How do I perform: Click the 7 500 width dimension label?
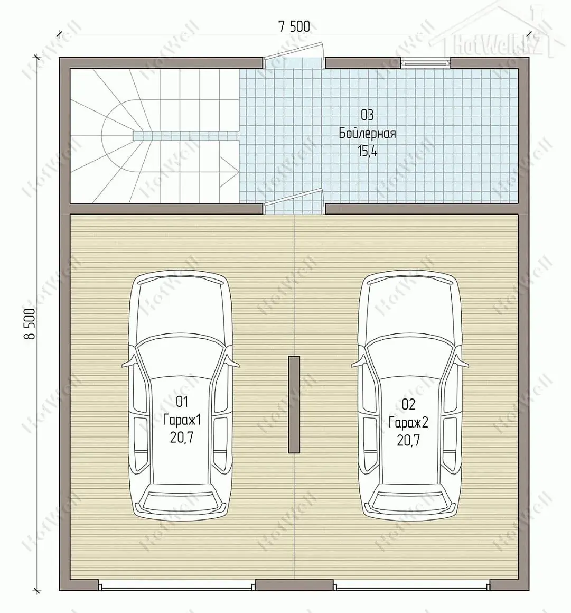click(294, 26)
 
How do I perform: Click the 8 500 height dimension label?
click(31, 323)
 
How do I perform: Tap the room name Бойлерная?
click(367, 133)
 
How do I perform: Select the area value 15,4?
click(367, 151)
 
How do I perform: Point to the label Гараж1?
click(182, 420)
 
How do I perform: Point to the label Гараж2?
click(408, 422)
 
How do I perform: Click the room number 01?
click(182, 402)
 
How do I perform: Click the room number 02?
click(408, 404)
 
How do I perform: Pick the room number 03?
click(367, 115)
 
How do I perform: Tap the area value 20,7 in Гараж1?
click(182, 438)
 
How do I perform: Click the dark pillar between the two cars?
click(294, 405)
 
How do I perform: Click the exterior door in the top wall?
click(294, 53)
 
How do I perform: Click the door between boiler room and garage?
click(294, 201)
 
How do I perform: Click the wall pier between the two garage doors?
click(294, 585)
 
